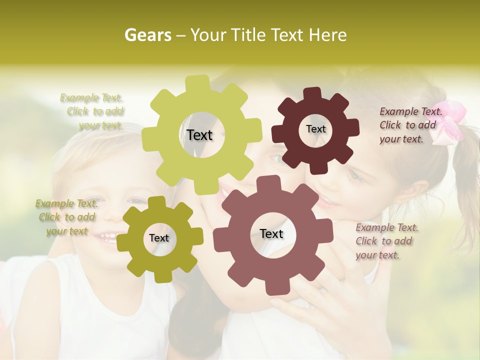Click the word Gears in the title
(x=147, y=35)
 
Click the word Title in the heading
(x=248, y=35)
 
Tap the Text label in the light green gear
(x=199, y=135)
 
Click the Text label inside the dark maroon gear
(x=315, y=129)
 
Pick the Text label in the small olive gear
(x=159, y=238)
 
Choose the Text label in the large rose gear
(x=271, y=234)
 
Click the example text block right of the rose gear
(x=387, y=241)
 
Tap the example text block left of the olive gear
(x=66, y=217)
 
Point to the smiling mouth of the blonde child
(x=107, y=236)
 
